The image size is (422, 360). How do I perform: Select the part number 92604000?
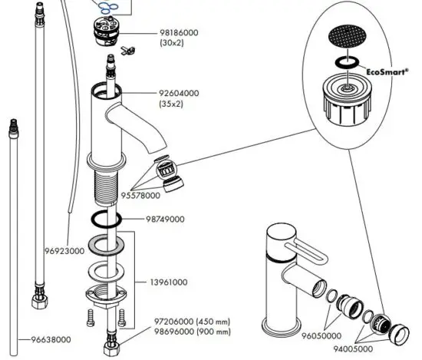click(x=179, y=93)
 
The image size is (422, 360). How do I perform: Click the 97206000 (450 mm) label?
click(x=183, y=321)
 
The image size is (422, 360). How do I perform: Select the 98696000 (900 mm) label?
click(x=183, y=332)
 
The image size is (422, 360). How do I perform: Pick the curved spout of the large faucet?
click(x=149, y=130)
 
